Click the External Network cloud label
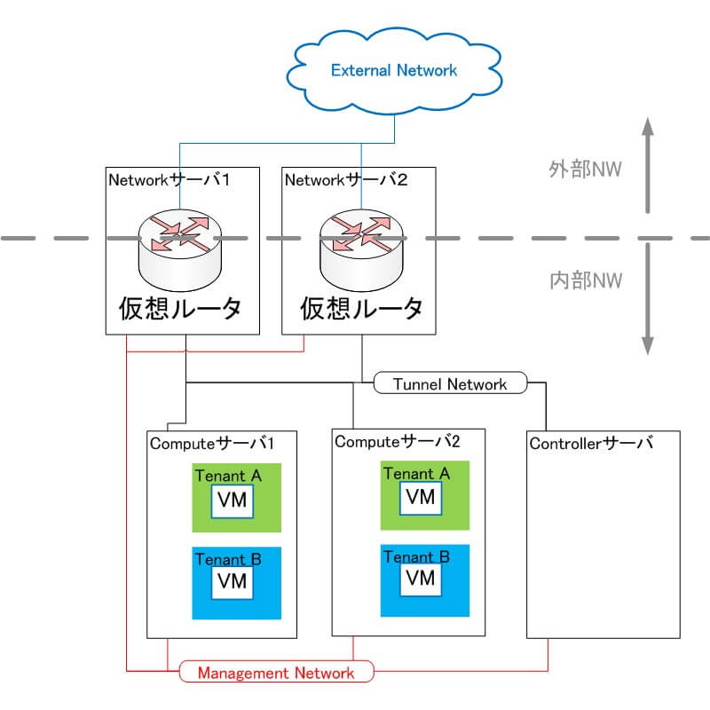click(394, 70)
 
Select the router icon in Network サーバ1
click(180, 250)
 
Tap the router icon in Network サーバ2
click(361, 250)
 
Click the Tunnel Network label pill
click(451, 383)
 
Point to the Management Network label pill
click(276, 672)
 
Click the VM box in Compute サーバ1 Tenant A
click(233, 501)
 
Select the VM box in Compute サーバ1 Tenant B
click(233, 582)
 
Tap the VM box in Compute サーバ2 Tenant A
click(421, 498)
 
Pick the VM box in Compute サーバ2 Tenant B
click(421, 580)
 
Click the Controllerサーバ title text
click(591, 443)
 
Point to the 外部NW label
click(585, 170)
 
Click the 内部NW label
click(586, 280)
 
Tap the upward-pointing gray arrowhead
click(648, 127)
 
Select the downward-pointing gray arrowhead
click(648, 345)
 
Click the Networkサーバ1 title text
click(169, 180)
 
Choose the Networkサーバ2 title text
click(346, 180)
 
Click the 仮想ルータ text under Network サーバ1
click(180, 309)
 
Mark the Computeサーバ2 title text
click(397, 441)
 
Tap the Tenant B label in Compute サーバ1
click(228, 559)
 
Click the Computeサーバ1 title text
click(212, 443)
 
